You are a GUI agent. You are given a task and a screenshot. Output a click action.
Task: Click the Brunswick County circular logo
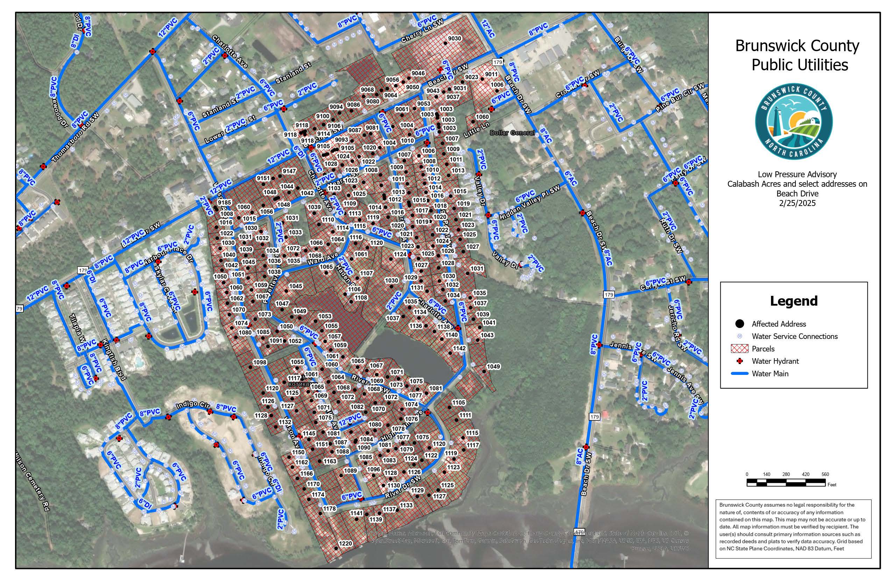pyautogui.click(x=794, y=121)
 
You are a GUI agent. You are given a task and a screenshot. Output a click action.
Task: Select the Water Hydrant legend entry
pyautogui.click(x=775, y=361)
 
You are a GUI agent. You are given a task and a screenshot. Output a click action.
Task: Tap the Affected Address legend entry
pyautogui.click(x=778, y=324)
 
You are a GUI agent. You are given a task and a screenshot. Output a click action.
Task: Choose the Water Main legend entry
pyautogui.click(x=770, y=373)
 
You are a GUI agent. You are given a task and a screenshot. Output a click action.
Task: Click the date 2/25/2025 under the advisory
pyautogui.click(x=797, y=204)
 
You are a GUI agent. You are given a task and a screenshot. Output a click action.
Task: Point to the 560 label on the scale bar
pyautogui.click(x=825, y=474)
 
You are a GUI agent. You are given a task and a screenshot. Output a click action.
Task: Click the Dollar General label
pyautogui.click(x=512, y=133)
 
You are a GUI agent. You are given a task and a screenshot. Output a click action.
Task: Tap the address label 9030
pyautogui.click(x=455, y=38)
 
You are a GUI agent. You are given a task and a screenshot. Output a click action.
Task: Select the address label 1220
pyautogui.click(x=345, y=543)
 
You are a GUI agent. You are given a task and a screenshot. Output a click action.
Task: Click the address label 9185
pyautogui.click(x=225, y=203)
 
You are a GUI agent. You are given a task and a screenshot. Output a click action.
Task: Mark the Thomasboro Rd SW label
pyautogui.click(x=75, y=137)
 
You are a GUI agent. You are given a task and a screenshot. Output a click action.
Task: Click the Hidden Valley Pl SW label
pyautogui.click(x=530, y=202)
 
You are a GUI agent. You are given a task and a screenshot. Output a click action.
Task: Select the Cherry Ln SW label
pyautogui.click(x=422, y=31)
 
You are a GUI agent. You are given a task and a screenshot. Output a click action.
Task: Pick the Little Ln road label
pyautogui.click(x=476, y=130)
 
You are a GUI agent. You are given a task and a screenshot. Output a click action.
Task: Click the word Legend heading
pyautogui.click(x=793, y=301)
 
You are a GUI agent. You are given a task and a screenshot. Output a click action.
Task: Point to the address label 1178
pyautogui.click(x=330, y=508)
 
